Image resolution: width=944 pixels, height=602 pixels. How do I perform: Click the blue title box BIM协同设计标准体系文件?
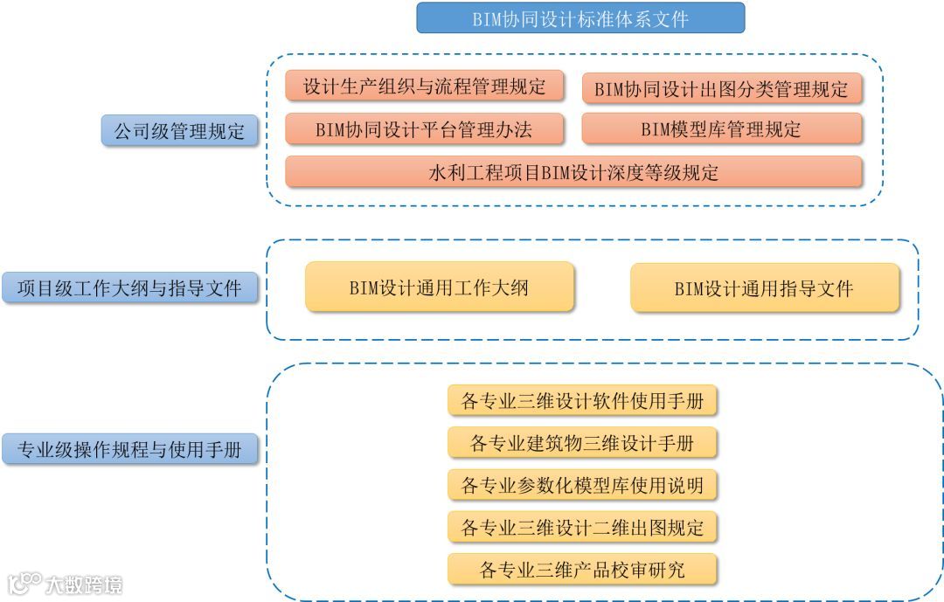point(580,18)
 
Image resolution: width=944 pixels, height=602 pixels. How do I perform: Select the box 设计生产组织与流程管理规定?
point(425,86)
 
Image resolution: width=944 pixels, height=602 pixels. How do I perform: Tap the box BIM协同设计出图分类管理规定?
point(721,88)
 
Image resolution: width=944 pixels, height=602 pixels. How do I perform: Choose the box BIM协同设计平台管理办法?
point(425,130)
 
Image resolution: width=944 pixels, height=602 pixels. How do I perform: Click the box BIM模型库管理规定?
point(721,130)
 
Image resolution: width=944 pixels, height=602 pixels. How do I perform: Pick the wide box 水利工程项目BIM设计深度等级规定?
point(573,172)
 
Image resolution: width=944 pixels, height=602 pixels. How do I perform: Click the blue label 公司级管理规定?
point(179,132)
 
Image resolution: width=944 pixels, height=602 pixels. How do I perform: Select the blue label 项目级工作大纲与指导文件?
point(129,287)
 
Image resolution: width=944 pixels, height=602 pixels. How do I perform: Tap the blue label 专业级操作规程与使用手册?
point(129,450)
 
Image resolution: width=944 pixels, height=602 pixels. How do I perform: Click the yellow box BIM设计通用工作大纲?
point(440,287)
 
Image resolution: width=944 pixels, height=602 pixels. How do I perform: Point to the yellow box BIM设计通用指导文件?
point(764,288)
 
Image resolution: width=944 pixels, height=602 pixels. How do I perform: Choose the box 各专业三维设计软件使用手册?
point(582,401)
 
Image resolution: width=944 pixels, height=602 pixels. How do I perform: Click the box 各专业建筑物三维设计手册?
point(582,443)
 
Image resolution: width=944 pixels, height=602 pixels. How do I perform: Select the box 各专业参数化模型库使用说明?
point(582,485)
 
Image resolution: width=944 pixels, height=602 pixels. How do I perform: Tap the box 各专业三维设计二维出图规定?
point(582,528)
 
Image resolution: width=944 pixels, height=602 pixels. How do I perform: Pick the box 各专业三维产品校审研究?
point(582,571)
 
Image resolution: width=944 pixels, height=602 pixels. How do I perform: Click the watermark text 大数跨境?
point(84,584)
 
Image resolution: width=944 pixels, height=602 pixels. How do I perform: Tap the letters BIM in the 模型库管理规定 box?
point(656,130)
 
